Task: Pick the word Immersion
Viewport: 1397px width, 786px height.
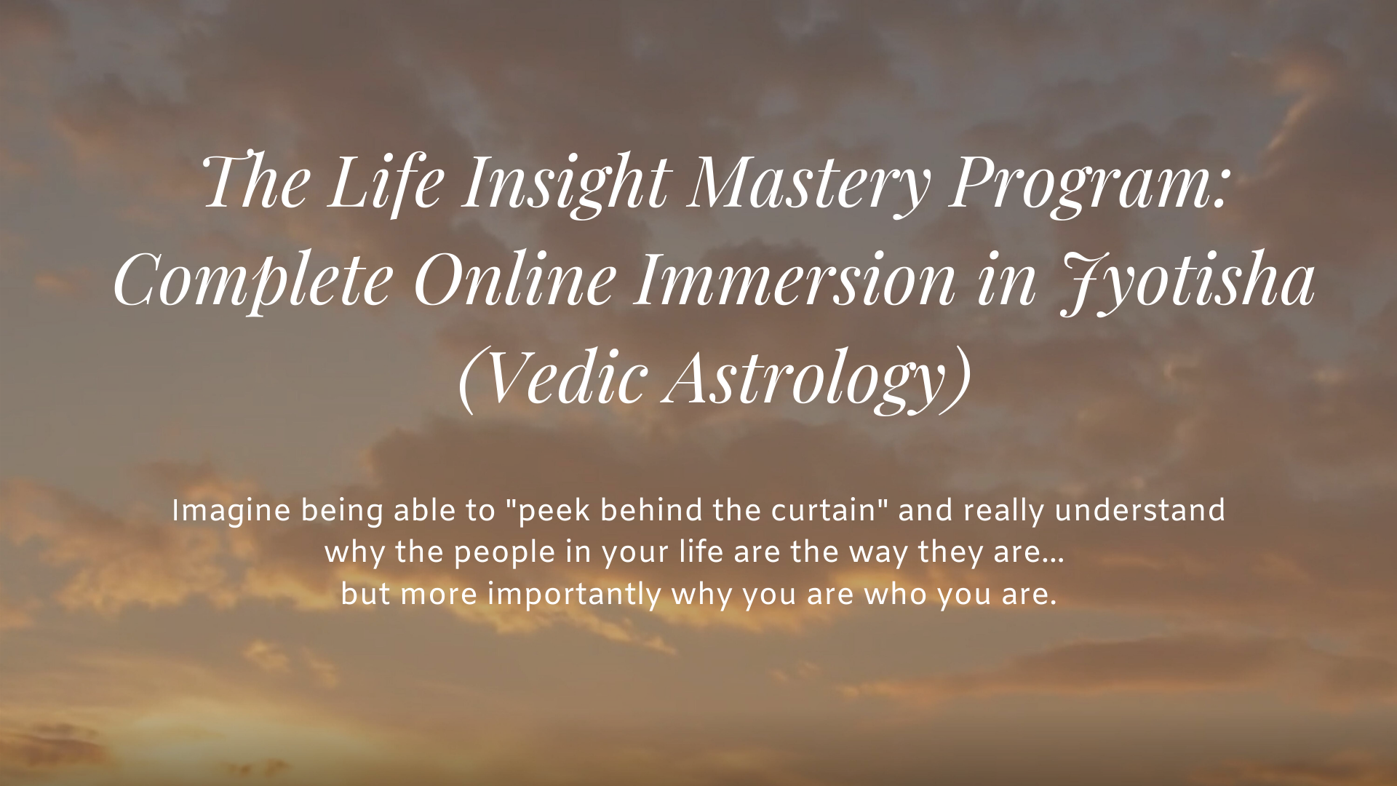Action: [x=793, y=280]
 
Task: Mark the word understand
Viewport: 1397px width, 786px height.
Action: [x=1140, y=510]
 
